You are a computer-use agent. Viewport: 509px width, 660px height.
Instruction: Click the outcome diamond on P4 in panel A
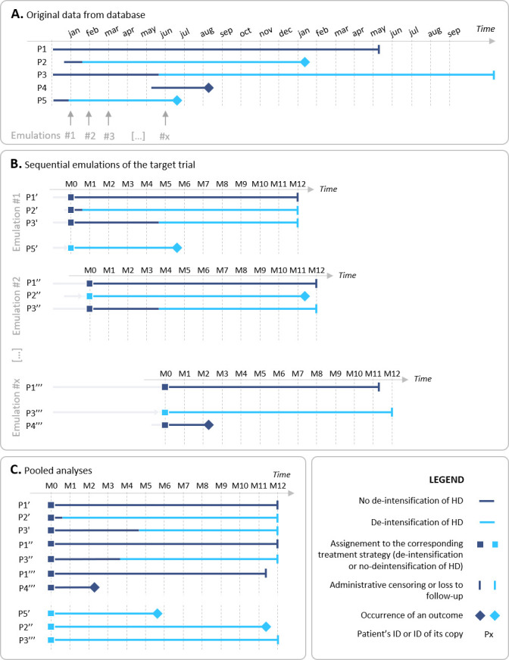(x=209, y=88)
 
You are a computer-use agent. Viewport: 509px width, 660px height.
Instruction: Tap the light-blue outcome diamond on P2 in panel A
(x=304, y=61)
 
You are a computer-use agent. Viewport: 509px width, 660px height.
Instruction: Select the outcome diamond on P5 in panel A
(x=177, y=101)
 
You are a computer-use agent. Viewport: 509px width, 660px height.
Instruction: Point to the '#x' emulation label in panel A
(x=164, y=136)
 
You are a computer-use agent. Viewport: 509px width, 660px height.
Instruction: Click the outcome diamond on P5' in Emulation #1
(x=177, y=227)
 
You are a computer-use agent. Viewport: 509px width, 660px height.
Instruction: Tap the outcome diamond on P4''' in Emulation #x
(x=209, y=425)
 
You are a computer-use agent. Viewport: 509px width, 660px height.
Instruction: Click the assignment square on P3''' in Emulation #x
(x=165, y=412)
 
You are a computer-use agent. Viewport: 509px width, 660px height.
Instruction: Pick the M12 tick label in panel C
(x=278, y=485)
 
